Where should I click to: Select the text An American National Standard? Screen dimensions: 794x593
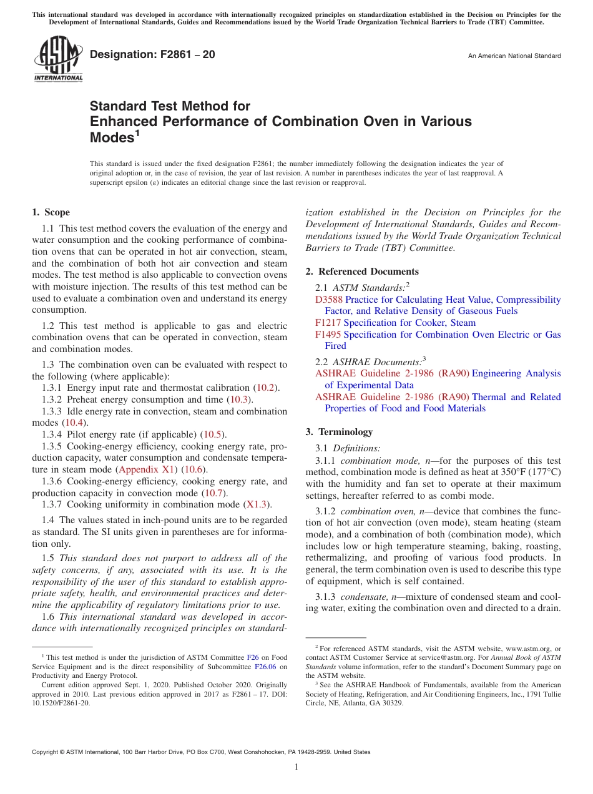[514, 56]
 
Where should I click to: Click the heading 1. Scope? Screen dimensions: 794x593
[51, 212]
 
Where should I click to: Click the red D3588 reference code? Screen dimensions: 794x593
[328, 300]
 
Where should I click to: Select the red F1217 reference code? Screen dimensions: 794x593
[328, 323]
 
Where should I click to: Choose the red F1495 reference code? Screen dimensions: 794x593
[328, 335]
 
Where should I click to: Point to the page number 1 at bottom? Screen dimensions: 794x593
[296, 767]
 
